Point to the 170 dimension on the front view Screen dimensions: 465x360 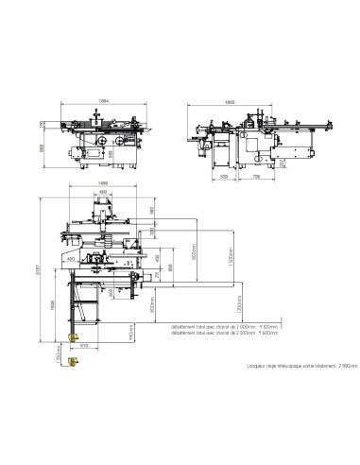[x=42, y=123]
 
